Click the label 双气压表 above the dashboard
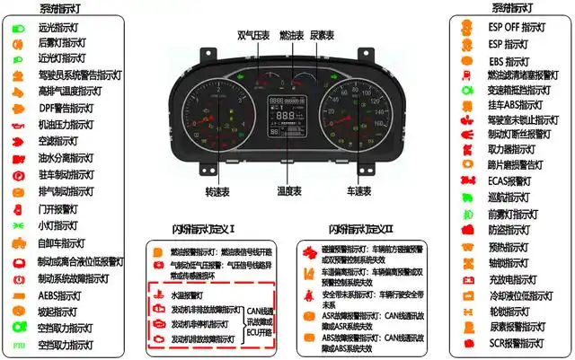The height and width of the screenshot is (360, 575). (253, 35)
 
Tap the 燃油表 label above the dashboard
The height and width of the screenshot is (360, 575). (292, 35)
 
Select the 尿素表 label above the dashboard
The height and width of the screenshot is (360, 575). (322, 35)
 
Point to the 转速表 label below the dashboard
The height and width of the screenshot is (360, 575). (217, 191)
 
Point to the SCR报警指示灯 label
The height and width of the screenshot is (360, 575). (518, 344)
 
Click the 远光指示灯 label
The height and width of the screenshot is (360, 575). (62, 27)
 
